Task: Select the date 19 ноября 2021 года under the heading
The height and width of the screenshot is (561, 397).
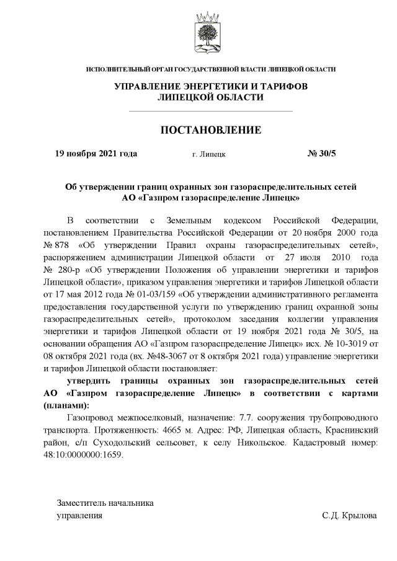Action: [96, 153]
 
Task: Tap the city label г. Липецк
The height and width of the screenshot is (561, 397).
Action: [209, 154]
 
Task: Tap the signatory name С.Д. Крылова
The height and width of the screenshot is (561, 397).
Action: [349, 515]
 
